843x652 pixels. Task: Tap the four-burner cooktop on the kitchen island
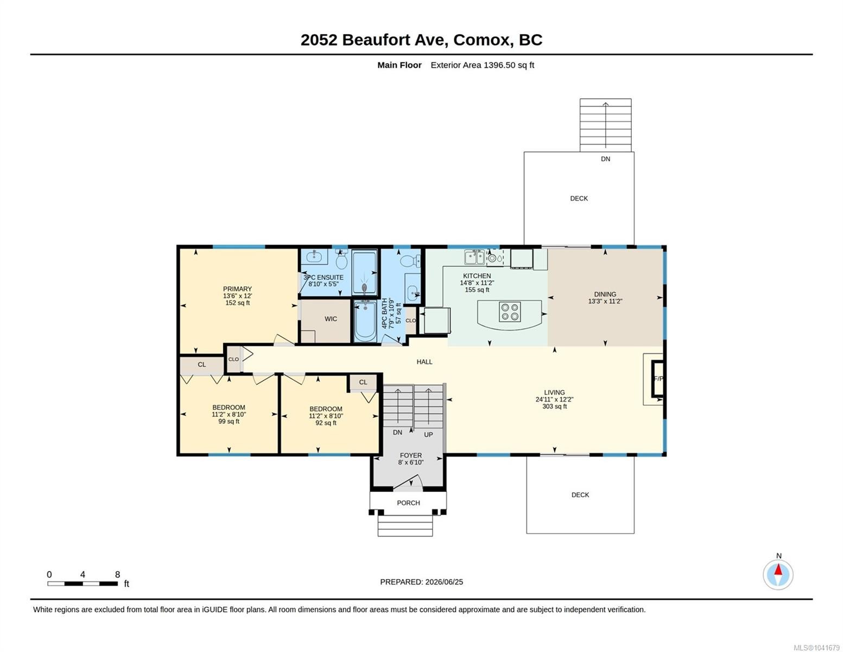510,312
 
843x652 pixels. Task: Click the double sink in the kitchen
474,256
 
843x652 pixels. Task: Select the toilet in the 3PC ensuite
341,259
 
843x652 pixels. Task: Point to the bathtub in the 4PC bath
365,321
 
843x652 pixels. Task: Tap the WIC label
331,319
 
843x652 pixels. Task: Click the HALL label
424,361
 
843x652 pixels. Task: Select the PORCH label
408,503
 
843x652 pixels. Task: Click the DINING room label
605,294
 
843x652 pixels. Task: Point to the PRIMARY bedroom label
237,289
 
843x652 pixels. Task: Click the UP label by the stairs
428,435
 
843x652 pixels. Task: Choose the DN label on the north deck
605,159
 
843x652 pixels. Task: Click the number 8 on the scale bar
117,574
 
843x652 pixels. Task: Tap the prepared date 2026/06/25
444,582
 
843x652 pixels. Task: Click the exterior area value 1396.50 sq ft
508,65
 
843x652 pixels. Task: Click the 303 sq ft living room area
554,406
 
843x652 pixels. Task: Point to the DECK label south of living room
580,495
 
